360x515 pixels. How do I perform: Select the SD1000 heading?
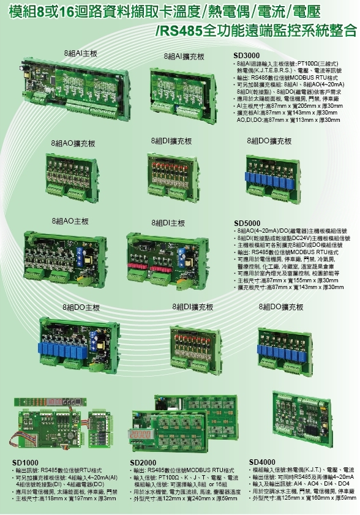pyautogui.click(x=25, y=463)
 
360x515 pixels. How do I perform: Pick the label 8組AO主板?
pyautogui.click(x=70, y=220)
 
